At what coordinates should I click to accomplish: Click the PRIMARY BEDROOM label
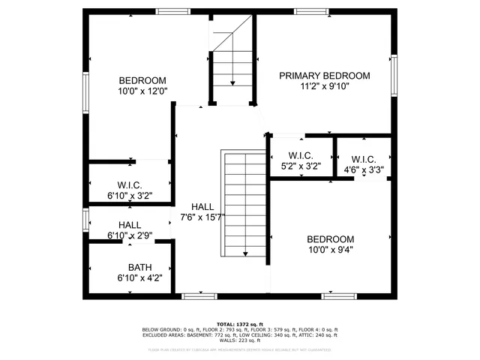[325, 76]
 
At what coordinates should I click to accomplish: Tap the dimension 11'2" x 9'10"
[325, 86]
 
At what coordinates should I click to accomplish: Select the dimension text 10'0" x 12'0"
[142, 91]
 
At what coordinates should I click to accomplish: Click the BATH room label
[139, 267]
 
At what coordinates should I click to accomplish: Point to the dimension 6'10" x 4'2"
[139, 278]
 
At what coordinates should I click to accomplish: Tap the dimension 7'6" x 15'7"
[202, 217]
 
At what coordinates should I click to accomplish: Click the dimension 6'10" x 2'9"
[130, 235]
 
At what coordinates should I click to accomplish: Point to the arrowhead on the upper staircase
[232, 83]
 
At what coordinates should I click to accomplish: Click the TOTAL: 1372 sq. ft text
[241, 323]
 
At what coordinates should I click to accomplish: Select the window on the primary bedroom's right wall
[393, 76]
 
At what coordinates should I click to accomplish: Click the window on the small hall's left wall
[86, 220]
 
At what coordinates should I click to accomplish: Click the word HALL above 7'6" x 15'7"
[202, 207]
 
